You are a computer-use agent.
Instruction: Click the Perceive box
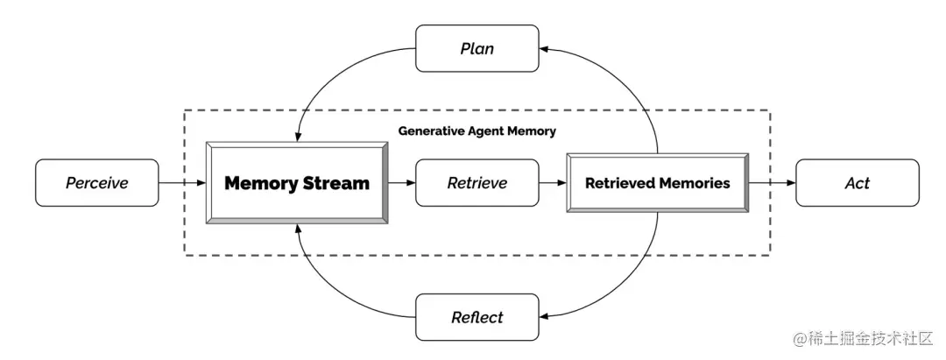(97, 183)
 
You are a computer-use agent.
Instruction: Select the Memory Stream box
(297, 183)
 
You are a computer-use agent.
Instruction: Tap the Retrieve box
(477, 183)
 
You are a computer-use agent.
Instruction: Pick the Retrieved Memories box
(658, 183)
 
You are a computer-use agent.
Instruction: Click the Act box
(858, 183)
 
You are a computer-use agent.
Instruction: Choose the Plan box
(477, 48)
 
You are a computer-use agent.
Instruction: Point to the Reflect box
(477, 317)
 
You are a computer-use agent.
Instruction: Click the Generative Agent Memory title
(477, 131)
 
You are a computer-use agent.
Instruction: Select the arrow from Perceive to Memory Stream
(182, 183)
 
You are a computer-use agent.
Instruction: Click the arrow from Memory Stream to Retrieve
(402, 183)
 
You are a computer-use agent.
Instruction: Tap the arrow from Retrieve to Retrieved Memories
(552, 183)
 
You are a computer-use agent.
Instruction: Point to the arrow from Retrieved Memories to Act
(773, 183)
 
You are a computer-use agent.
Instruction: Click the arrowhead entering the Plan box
(544, 49)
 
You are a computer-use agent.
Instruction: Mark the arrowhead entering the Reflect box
(544, 316)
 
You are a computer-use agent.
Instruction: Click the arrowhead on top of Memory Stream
(297, 138)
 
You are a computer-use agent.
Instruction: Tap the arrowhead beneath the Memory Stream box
(297, 228)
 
